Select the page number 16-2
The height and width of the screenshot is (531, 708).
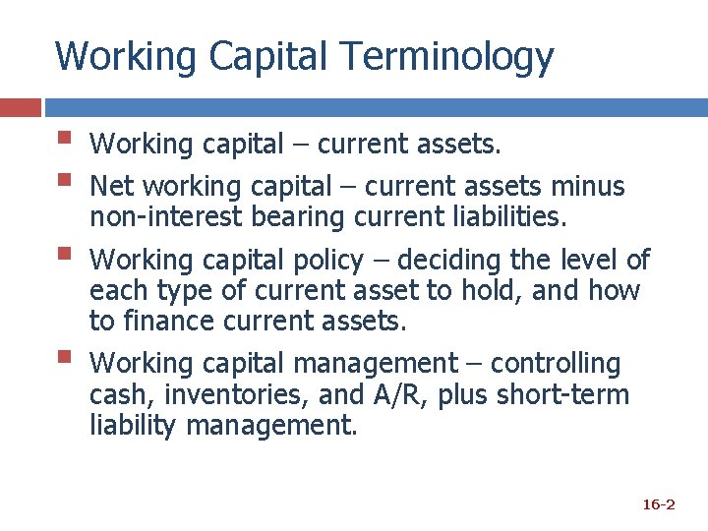(658, 504)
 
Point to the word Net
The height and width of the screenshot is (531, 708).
(111, 186)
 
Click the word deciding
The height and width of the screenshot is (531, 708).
(447, 261)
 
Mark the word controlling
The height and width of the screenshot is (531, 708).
(556, 365)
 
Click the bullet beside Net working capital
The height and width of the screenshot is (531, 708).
(64, 180)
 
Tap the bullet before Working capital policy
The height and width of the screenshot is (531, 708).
(64, 254)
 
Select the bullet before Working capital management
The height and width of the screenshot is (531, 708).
(64, 357)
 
